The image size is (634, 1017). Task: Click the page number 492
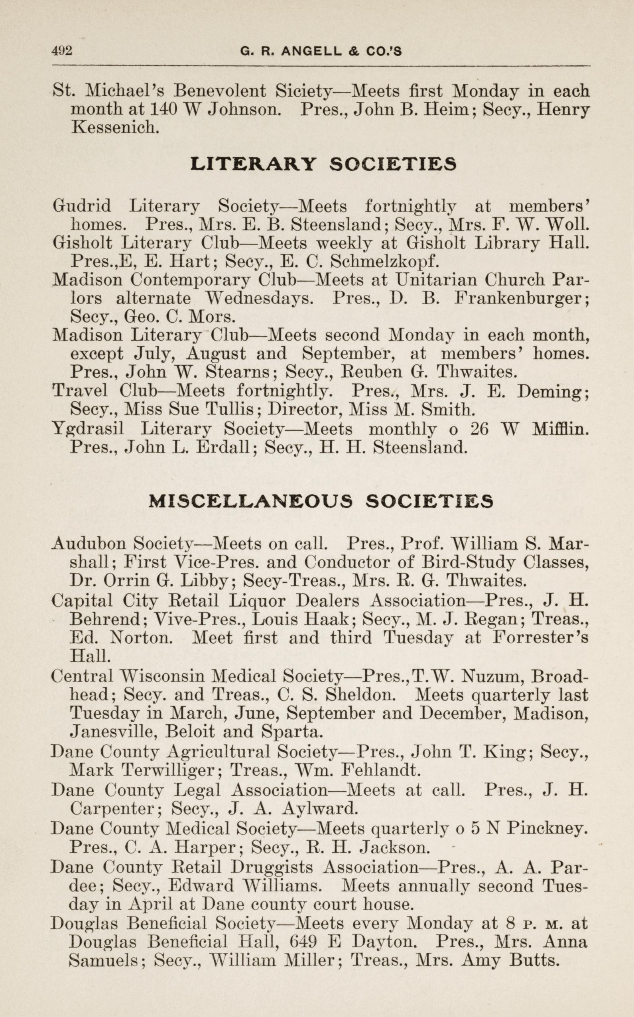click(x=62, y=51)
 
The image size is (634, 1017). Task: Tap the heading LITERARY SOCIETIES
click(x=323, y=164)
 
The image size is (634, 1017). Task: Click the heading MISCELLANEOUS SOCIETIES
click(x=321, y=502)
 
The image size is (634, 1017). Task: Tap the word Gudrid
click(x=82, y=206)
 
